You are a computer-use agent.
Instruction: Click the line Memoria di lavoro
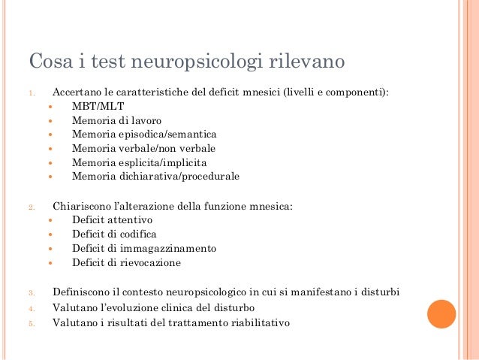[116, 120]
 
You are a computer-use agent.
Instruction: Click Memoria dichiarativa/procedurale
[155, 177]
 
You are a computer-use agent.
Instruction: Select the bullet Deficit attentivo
[112, 220]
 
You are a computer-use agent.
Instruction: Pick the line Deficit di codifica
[115, 234]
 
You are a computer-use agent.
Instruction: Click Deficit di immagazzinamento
[144, 249]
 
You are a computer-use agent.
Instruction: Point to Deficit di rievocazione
[126, 263]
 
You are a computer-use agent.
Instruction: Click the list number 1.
[32, 92]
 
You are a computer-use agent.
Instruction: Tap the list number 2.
[31, 207]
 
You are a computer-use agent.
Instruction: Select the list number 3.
[31, 292]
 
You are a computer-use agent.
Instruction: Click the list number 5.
[31, 324]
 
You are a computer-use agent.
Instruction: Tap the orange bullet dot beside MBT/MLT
[50, 107]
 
